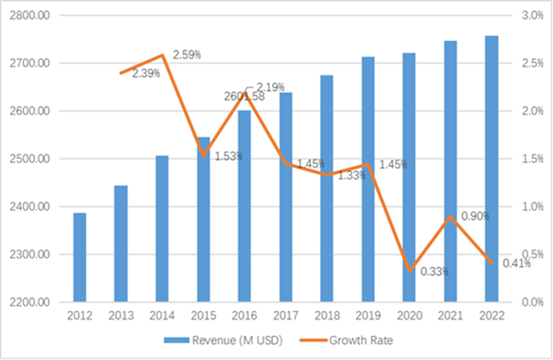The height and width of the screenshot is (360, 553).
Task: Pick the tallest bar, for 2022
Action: click(x=492, y=169)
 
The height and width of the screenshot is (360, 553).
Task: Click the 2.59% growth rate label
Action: click(x=187, y=55)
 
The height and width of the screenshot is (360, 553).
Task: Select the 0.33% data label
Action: click(x=434, y=272)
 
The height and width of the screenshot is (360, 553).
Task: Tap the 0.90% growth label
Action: click(x=475, y=216)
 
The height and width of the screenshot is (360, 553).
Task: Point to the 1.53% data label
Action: click(x=228, y=156)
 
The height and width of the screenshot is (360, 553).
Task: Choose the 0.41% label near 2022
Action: click(x=517, y=263)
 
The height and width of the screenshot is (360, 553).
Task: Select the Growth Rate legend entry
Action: click(x=360, y=340)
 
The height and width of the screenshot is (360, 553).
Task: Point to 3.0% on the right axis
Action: click(x=533, y=15)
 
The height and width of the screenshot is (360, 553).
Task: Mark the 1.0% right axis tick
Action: click(x=533, y=207)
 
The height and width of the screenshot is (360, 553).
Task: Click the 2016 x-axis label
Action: click(x=245, y=316)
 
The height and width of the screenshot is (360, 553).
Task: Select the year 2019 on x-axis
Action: click(x=368, y=316)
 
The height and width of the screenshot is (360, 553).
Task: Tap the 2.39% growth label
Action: click(x=146, y=73)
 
